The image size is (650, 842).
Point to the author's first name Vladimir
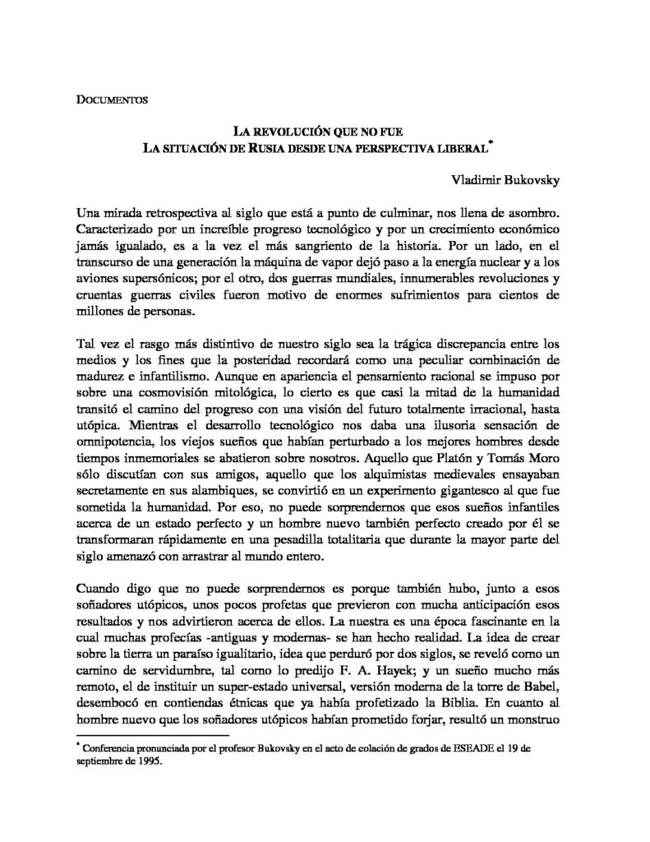(x=477, y=179)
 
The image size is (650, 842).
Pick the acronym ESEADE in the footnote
(x=463, y=749)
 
